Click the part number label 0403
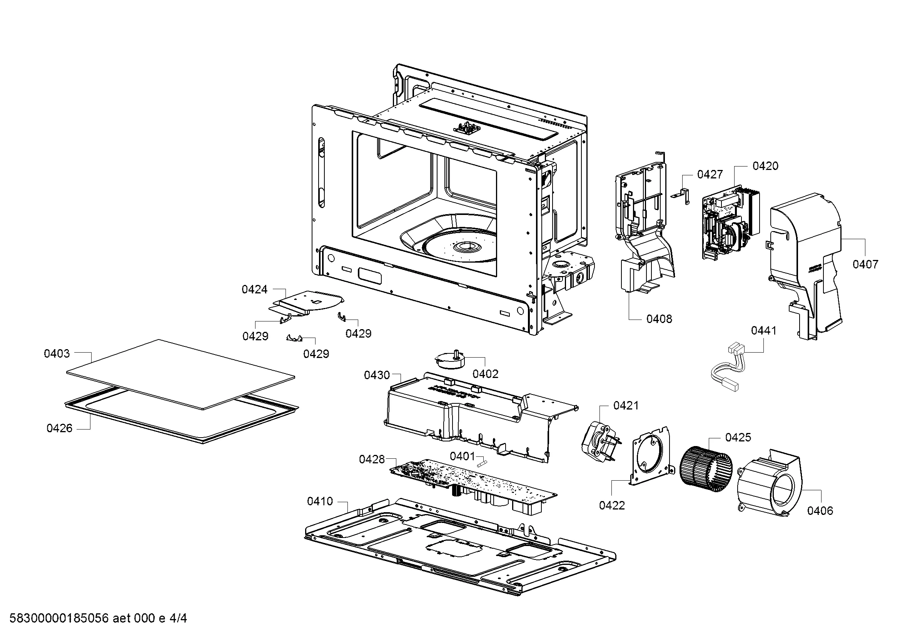pyautogui.click(x=57, y=354)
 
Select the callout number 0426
pyautogui.click(x=60, y=428)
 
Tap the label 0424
pyautogui.click(x=254, y=290)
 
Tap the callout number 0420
pyautogui.click(x=765, y=166)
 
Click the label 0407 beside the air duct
pyautogui.click(x=865, y=264)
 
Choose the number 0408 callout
pyautogui.click(x=659, y=319)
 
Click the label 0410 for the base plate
pyautogui.click(x=320, y=501)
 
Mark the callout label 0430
pyautogui.click(x=377, y=375)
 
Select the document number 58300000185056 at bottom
pyautogui.click(x=58, y=619)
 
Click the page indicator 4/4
pyautogui.click(x=178, y=619)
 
